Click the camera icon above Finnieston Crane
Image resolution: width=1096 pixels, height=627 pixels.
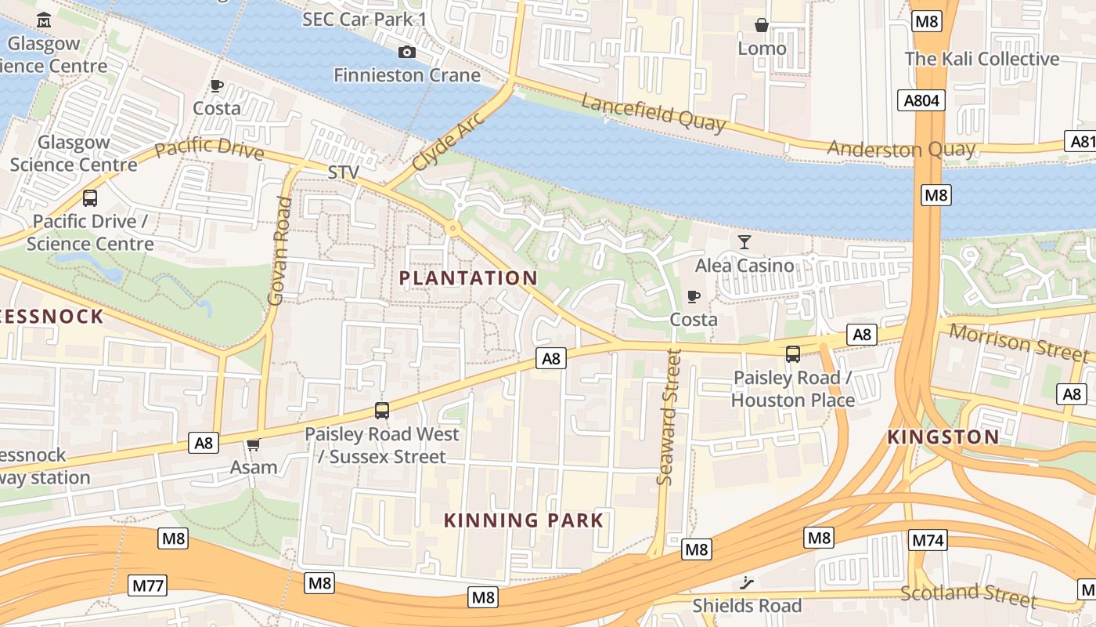[x=407, y=53]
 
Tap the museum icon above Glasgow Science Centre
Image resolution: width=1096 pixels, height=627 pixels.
[x=45, y=20]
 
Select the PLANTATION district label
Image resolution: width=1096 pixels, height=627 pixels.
[x=468, y=278]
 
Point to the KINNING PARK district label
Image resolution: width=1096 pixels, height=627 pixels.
[x=524, y=520]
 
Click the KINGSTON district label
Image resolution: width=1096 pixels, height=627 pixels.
[x=943, y=437]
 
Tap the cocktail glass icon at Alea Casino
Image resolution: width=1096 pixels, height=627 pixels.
[x=744, y=242]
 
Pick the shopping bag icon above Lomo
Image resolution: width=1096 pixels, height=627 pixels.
[x=761, y=26]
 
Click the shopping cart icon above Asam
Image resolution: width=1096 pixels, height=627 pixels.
[x=253, y=445]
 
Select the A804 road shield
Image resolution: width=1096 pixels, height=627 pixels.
[x=921, y=100]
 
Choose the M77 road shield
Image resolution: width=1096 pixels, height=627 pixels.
[x=148, y=585]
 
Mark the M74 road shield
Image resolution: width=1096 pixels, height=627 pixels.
[x=928, y=539]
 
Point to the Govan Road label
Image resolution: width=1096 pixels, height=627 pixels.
[x=279, y=251]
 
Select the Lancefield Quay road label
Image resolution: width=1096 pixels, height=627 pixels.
[x=653, y=112]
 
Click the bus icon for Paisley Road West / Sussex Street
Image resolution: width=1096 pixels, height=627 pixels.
[x=381, y=410]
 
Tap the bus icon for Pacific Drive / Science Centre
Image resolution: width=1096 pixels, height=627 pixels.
[x=90, y=198]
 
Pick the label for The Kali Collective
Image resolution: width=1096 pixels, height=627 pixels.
[x=982, y=59]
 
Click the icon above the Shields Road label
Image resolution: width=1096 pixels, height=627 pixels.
[x=747, y=582]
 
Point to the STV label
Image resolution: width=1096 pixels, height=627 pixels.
[x=343, y=172]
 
